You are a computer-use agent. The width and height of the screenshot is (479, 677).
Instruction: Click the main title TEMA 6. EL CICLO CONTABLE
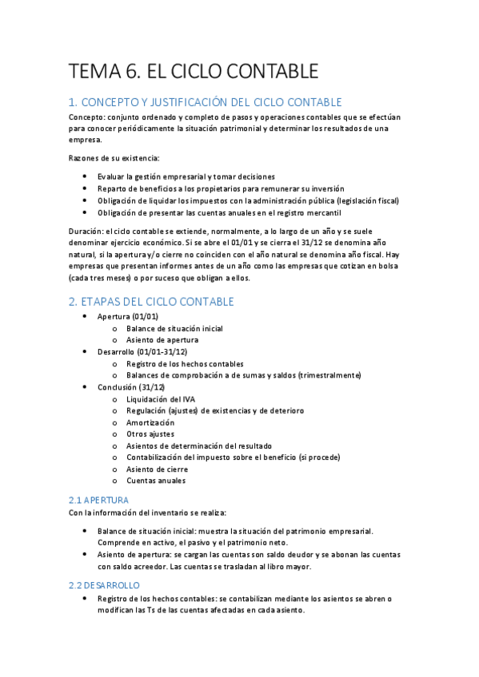point(194,71)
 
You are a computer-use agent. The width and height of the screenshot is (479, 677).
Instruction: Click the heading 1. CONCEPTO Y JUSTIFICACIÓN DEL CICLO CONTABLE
point(206,102)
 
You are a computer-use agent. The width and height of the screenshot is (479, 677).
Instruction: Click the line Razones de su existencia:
point(114,158)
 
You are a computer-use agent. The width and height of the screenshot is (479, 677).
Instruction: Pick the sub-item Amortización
point(150,422)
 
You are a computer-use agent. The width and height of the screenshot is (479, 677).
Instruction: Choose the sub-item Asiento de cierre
point(157,469)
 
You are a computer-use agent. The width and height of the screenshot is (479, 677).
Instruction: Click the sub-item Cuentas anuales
point(155,481)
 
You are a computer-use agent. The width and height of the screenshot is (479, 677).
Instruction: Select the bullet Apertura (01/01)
point(127,316)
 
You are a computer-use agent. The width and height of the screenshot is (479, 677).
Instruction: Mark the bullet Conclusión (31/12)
point(133,387)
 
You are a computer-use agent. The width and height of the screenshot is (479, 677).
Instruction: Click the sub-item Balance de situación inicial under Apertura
point(174,328)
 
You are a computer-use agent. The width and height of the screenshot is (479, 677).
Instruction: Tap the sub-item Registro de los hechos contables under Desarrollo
point(185,363)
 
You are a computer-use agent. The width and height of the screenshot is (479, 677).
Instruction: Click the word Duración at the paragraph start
point(86,231)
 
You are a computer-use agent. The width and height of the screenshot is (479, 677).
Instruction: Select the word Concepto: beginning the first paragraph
point(87,117)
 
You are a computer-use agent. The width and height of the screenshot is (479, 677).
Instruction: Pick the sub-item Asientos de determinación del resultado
point(198,445)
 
